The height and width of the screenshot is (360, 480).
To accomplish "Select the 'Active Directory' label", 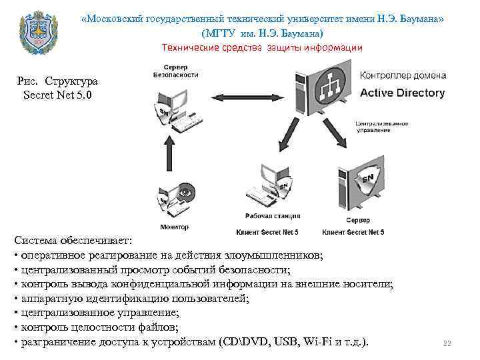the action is coord(402,93).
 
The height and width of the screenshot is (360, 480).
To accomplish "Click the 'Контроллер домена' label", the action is coord(402,76).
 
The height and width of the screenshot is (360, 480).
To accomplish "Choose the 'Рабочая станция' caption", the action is coord(272,216).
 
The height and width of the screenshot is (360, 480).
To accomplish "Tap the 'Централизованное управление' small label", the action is coord(381,127).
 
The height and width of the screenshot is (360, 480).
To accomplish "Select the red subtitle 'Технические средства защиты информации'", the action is coord(262,47).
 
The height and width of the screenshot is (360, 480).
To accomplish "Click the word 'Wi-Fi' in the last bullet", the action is coord(317,343).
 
